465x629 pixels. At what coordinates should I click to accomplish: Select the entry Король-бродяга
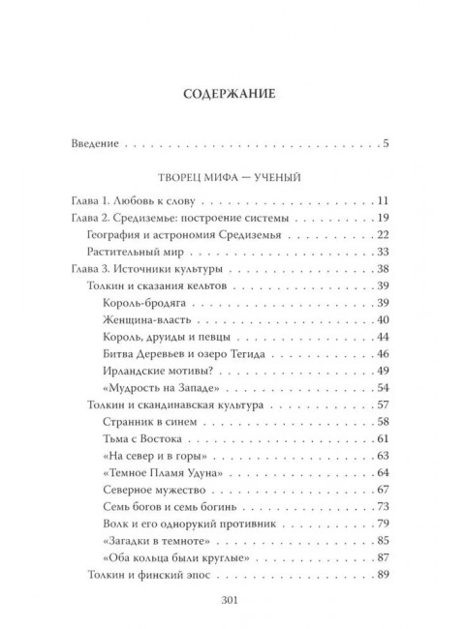pos(141,303)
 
